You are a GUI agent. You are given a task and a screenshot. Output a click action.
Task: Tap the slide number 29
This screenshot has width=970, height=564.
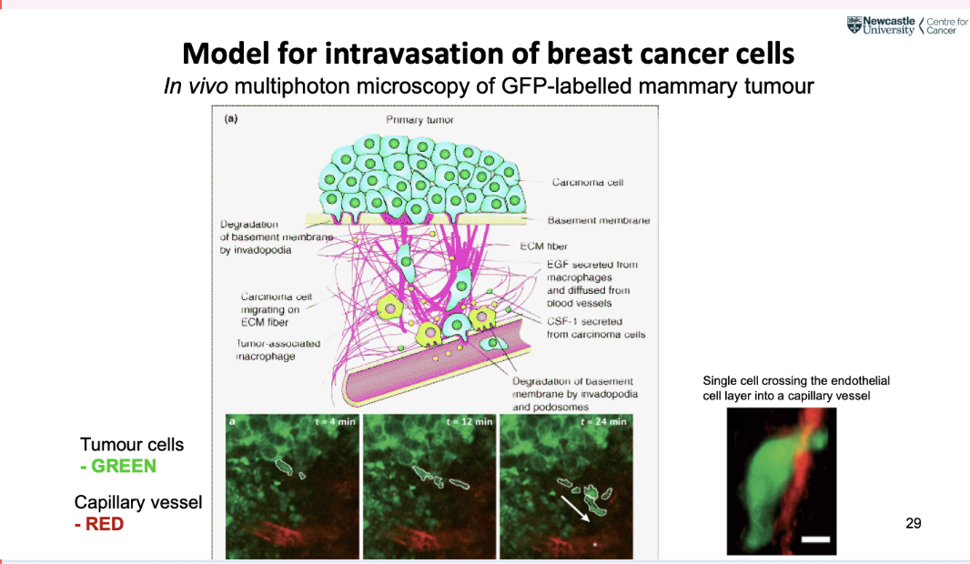coord(914,523)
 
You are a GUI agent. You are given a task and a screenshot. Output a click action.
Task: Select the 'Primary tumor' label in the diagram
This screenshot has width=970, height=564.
coord(419,120)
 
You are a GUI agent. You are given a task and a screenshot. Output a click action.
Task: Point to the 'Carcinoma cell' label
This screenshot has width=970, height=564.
coord(588,182)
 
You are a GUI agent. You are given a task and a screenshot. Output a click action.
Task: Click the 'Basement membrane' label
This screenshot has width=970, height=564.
coord(599,220)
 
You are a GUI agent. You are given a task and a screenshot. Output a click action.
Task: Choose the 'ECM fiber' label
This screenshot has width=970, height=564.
coord(544,246)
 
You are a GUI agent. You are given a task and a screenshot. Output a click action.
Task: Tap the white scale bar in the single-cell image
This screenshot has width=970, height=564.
coord(816,540)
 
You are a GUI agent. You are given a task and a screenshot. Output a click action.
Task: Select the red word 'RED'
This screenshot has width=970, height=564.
coord(105,525)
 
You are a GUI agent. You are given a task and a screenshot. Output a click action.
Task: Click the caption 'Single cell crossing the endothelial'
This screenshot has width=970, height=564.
coord(796,381)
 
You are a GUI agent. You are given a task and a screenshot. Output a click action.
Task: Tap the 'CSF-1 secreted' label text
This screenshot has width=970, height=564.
coord(585,321)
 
